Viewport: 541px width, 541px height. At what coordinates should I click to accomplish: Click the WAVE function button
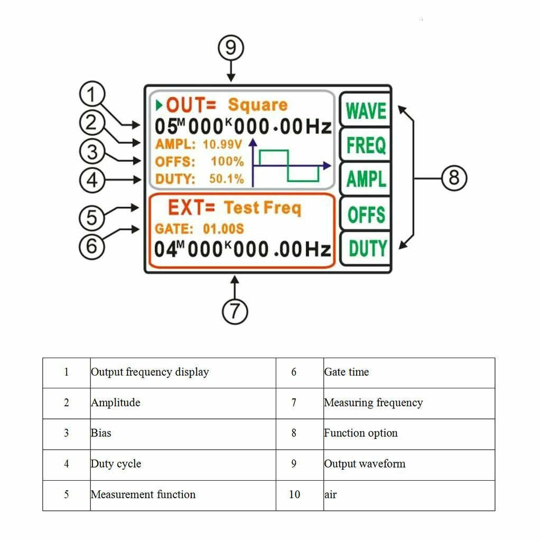(366, 110)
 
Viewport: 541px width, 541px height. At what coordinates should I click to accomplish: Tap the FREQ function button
(366, 145)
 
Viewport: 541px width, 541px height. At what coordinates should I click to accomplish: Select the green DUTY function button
(366, 248)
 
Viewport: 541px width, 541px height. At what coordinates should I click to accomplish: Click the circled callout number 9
(231, 48)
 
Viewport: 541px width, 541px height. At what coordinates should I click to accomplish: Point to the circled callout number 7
(235, 311)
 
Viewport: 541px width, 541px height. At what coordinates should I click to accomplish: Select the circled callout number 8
(454, 178)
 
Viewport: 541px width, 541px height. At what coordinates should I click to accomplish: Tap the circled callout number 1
(92, 94)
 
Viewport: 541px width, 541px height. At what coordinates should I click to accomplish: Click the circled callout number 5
(92, 218)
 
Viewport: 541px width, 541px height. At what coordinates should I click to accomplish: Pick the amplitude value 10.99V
(222, 144)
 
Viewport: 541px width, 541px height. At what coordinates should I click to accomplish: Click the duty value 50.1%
(226, 179)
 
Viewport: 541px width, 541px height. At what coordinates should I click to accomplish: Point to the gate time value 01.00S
(223, 229)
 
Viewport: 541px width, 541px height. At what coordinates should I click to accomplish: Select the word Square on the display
(258, 105)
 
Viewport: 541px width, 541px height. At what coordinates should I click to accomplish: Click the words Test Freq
(263, 208)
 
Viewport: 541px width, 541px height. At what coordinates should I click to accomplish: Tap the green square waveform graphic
(289, 165)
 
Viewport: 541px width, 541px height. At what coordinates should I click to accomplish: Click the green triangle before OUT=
(158, 105)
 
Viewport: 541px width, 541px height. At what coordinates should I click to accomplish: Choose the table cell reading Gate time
(409, 372)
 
